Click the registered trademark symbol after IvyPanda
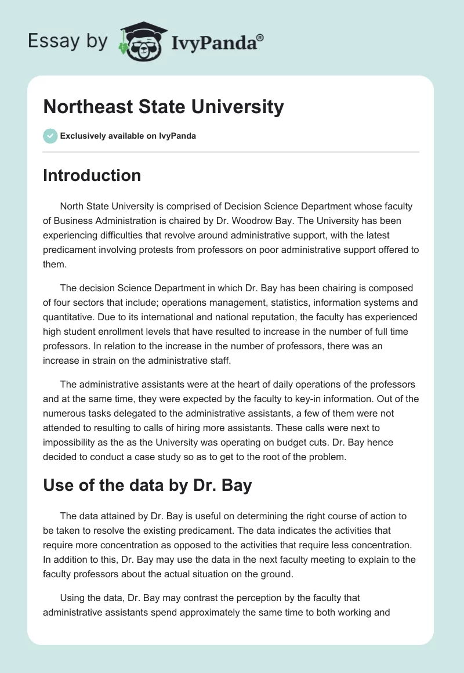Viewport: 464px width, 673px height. point(260,37)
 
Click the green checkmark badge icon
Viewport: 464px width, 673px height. point(50,136)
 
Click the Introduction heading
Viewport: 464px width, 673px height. point(92,175)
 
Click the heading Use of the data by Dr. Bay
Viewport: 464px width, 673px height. point(147,485)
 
